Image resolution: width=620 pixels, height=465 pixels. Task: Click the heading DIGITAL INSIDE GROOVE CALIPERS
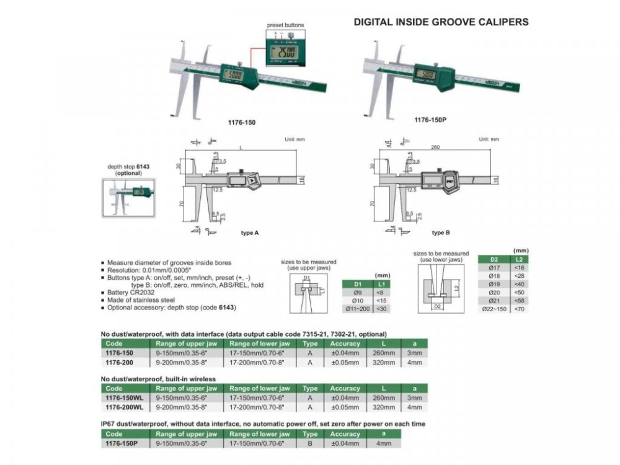441,22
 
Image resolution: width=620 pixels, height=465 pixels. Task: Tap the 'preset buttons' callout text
285,25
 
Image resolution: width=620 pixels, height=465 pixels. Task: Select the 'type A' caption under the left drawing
250,232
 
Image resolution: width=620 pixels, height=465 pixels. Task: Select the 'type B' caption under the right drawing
438,232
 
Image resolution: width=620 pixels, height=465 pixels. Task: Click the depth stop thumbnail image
128,198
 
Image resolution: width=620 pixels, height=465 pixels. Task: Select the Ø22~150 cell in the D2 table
494,308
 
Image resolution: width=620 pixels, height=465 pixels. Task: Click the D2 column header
494,259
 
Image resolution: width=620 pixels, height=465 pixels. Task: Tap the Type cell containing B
310,443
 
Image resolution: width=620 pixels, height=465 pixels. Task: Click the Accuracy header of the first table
345,343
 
